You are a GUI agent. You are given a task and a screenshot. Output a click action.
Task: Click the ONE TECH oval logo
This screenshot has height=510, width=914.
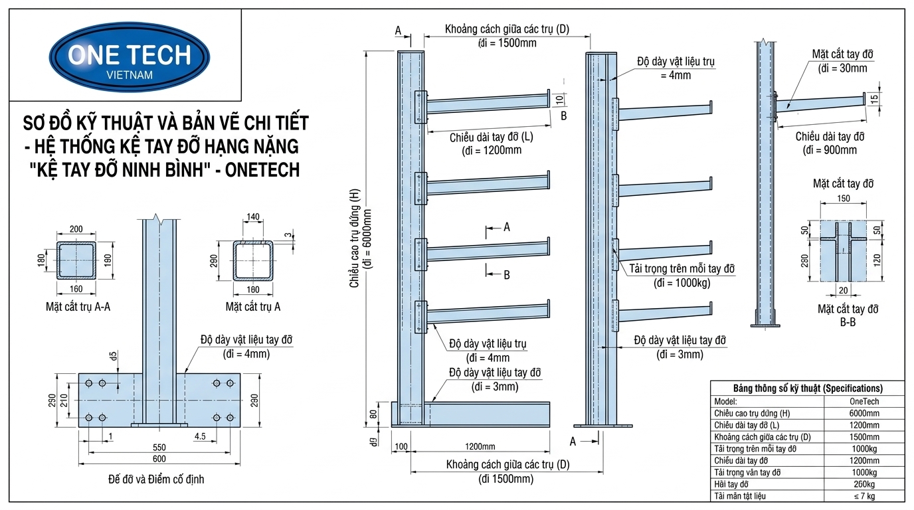(x=130, y=56)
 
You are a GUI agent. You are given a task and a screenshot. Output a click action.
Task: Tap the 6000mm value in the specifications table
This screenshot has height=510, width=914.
(x=864, y=413)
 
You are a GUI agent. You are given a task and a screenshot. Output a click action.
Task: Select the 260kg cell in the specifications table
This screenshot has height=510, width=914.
(x=864, y=484)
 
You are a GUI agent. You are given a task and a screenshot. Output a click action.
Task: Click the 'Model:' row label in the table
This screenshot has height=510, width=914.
(x=725, y=402)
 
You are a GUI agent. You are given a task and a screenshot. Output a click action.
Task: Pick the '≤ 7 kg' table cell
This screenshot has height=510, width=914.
(x=864, y=496)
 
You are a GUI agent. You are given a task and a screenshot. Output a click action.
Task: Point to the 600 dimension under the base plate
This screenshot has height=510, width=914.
(x=159, y=459)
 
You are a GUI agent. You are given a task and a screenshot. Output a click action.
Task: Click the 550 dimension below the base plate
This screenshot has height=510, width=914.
(x=159, y=447)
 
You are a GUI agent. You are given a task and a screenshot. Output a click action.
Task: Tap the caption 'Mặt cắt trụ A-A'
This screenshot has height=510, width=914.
(x=78, y=307)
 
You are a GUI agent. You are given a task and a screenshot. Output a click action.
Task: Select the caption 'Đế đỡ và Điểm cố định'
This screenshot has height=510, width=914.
(x=156, y=479)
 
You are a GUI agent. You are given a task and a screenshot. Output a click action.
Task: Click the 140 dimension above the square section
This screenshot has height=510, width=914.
(x=253, y=216)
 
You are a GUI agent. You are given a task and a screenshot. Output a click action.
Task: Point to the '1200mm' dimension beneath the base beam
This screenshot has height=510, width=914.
(x=480, y=446)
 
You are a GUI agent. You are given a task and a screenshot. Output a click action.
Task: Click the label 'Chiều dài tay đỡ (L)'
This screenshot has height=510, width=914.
(x=492, y=137)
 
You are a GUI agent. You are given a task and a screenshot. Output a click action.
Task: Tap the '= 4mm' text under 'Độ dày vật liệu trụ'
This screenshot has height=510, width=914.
(x=676, y=75)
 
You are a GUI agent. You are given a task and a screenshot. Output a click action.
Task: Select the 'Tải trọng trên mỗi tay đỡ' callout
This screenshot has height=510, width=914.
(x=682, y=269)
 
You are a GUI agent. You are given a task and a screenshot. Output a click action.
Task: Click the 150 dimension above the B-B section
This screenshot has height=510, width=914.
(x=844, y=199)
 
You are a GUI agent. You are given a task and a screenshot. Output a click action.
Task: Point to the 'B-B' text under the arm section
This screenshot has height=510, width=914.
(x=848, y=322)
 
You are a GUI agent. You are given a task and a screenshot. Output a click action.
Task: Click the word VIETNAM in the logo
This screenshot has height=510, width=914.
(x=130, y=75)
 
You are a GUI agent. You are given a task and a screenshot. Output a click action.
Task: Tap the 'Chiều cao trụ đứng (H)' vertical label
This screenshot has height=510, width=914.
(x=354, y=238)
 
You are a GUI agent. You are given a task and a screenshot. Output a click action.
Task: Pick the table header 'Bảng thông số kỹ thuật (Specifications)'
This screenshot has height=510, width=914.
(x=808, y=388)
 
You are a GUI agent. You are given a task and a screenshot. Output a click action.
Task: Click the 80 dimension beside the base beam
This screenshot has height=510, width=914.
(x=373, y=414)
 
